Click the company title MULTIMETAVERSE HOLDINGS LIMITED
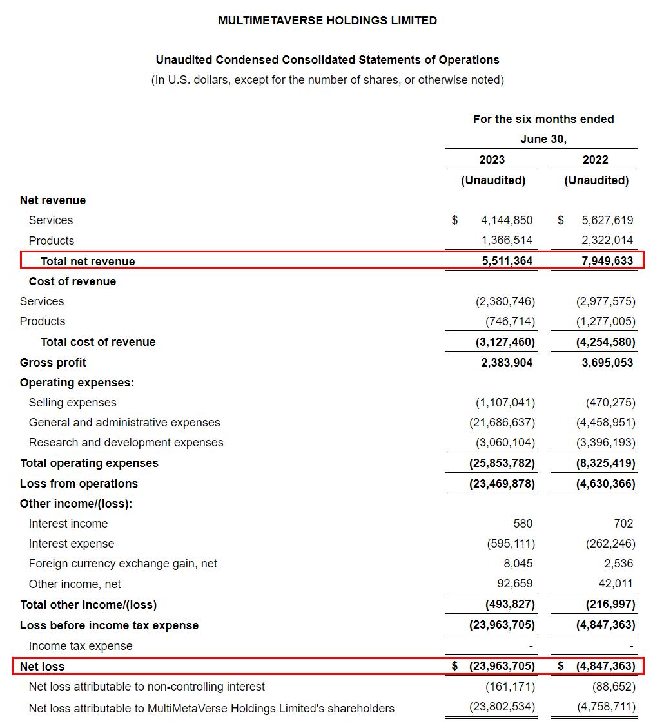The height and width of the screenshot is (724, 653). (x=327, y=21)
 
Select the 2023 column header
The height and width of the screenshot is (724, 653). (x=492, y=160)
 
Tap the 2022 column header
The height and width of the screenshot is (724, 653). (x=595, y=160)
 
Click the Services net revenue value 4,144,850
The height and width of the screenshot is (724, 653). (x=507, y=220)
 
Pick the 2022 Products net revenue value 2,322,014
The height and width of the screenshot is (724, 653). (x=607, y=241)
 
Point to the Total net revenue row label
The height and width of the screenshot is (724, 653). (x=88, y=262)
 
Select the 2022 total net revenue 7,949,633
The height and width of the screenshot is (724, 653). (x=607, y=262)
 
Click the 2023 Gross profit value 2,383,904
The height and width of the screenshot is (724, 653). (x=507, y=363)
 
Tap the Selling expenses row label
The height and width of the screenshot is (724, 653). (x=73, y=403)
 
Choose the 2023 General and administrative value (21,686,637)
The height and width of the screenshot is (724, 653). (x=502, y=423)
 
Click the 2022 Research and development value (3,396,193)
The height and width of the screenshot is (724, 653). (x=605, y=443)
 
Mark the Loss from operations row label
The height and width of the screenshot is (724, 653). (x=79, y=484)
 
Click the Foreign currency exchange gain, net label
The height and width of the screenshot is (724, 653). (x=123, y=564)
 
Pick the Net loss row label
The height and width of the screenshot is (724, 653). (x=43, y=667)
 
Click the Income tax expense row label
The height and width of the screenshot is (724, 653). (x=81, y=646)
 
